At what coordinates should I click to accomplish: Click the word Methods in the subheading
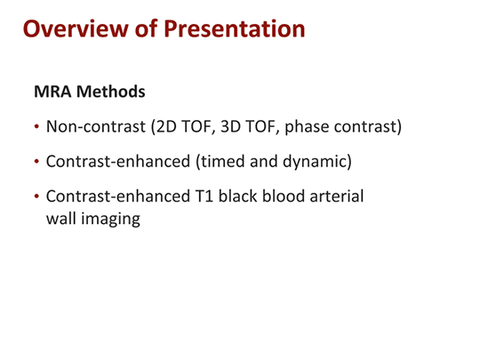111,92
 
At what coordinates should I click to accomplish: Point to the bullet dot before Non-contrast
36,126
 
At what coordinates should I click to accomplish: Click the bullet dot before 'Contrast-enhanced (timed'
36,162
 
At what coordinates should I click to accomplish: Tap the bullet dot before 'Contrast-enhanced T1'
36,197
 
